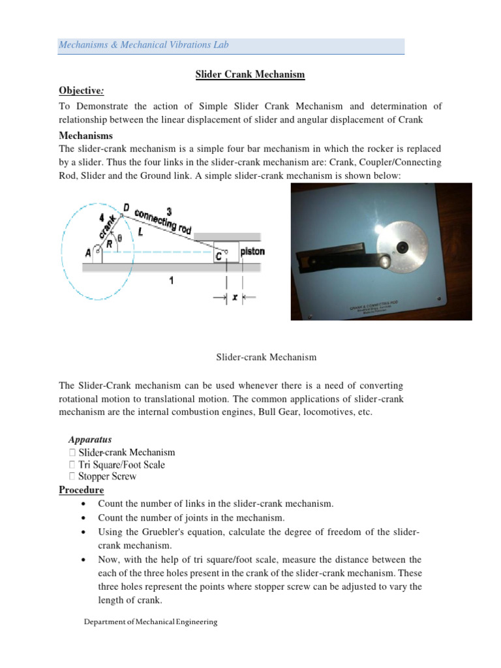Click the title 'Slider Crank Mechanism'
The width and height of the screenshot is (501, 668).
250,75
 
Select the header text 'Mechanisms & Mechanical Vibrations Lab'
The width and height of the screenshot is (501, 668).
144,45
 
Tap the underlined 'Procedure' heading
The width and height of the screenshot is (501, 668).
82,490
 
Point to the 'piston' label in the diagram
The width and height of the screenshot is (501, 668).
252,251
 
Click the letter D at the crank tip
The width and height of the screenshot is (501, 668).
125,207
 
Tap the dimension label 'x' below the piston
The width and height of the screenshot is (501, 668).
235,297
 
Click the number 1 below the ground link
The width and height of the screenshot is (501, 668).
170,280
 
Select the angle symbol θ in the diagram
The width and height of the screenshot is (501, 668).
120,237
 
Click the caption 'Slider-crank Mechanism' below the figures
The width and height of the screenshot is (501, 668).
266,357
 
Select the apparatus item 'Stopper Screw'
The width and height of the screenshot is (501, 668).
107,477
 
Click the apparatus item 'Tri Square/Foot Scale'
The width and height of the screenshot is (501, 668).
121,464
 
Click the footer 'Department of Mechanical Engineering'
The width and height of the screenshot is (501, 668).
151,622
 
